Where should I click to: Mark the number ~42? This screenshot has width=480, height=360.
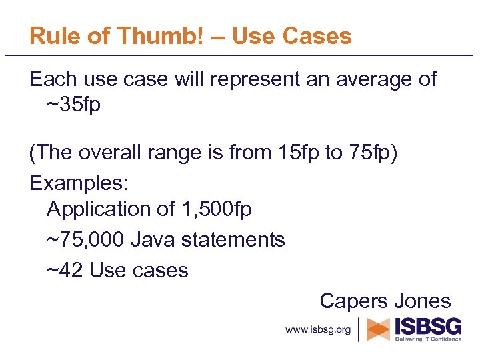pyautogui.click(x=65, y=270)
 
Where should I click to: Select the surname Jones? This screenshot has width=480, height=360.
pyautogui.click(x=423, y=300)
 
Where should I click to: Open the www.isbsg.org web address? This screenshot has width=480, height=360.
pyautogui.click(x=318, y=329)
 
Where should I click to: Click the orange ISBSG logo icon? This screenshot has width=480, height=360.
pyautogui.click(x=379, y=329)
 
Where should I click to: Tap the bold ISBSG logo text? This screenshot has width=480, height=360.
pyautogui.click(x=428, y=326)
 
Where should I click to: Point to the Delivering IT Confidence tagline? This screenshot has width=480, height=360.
pyautogui.click(x=428, y=339)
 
